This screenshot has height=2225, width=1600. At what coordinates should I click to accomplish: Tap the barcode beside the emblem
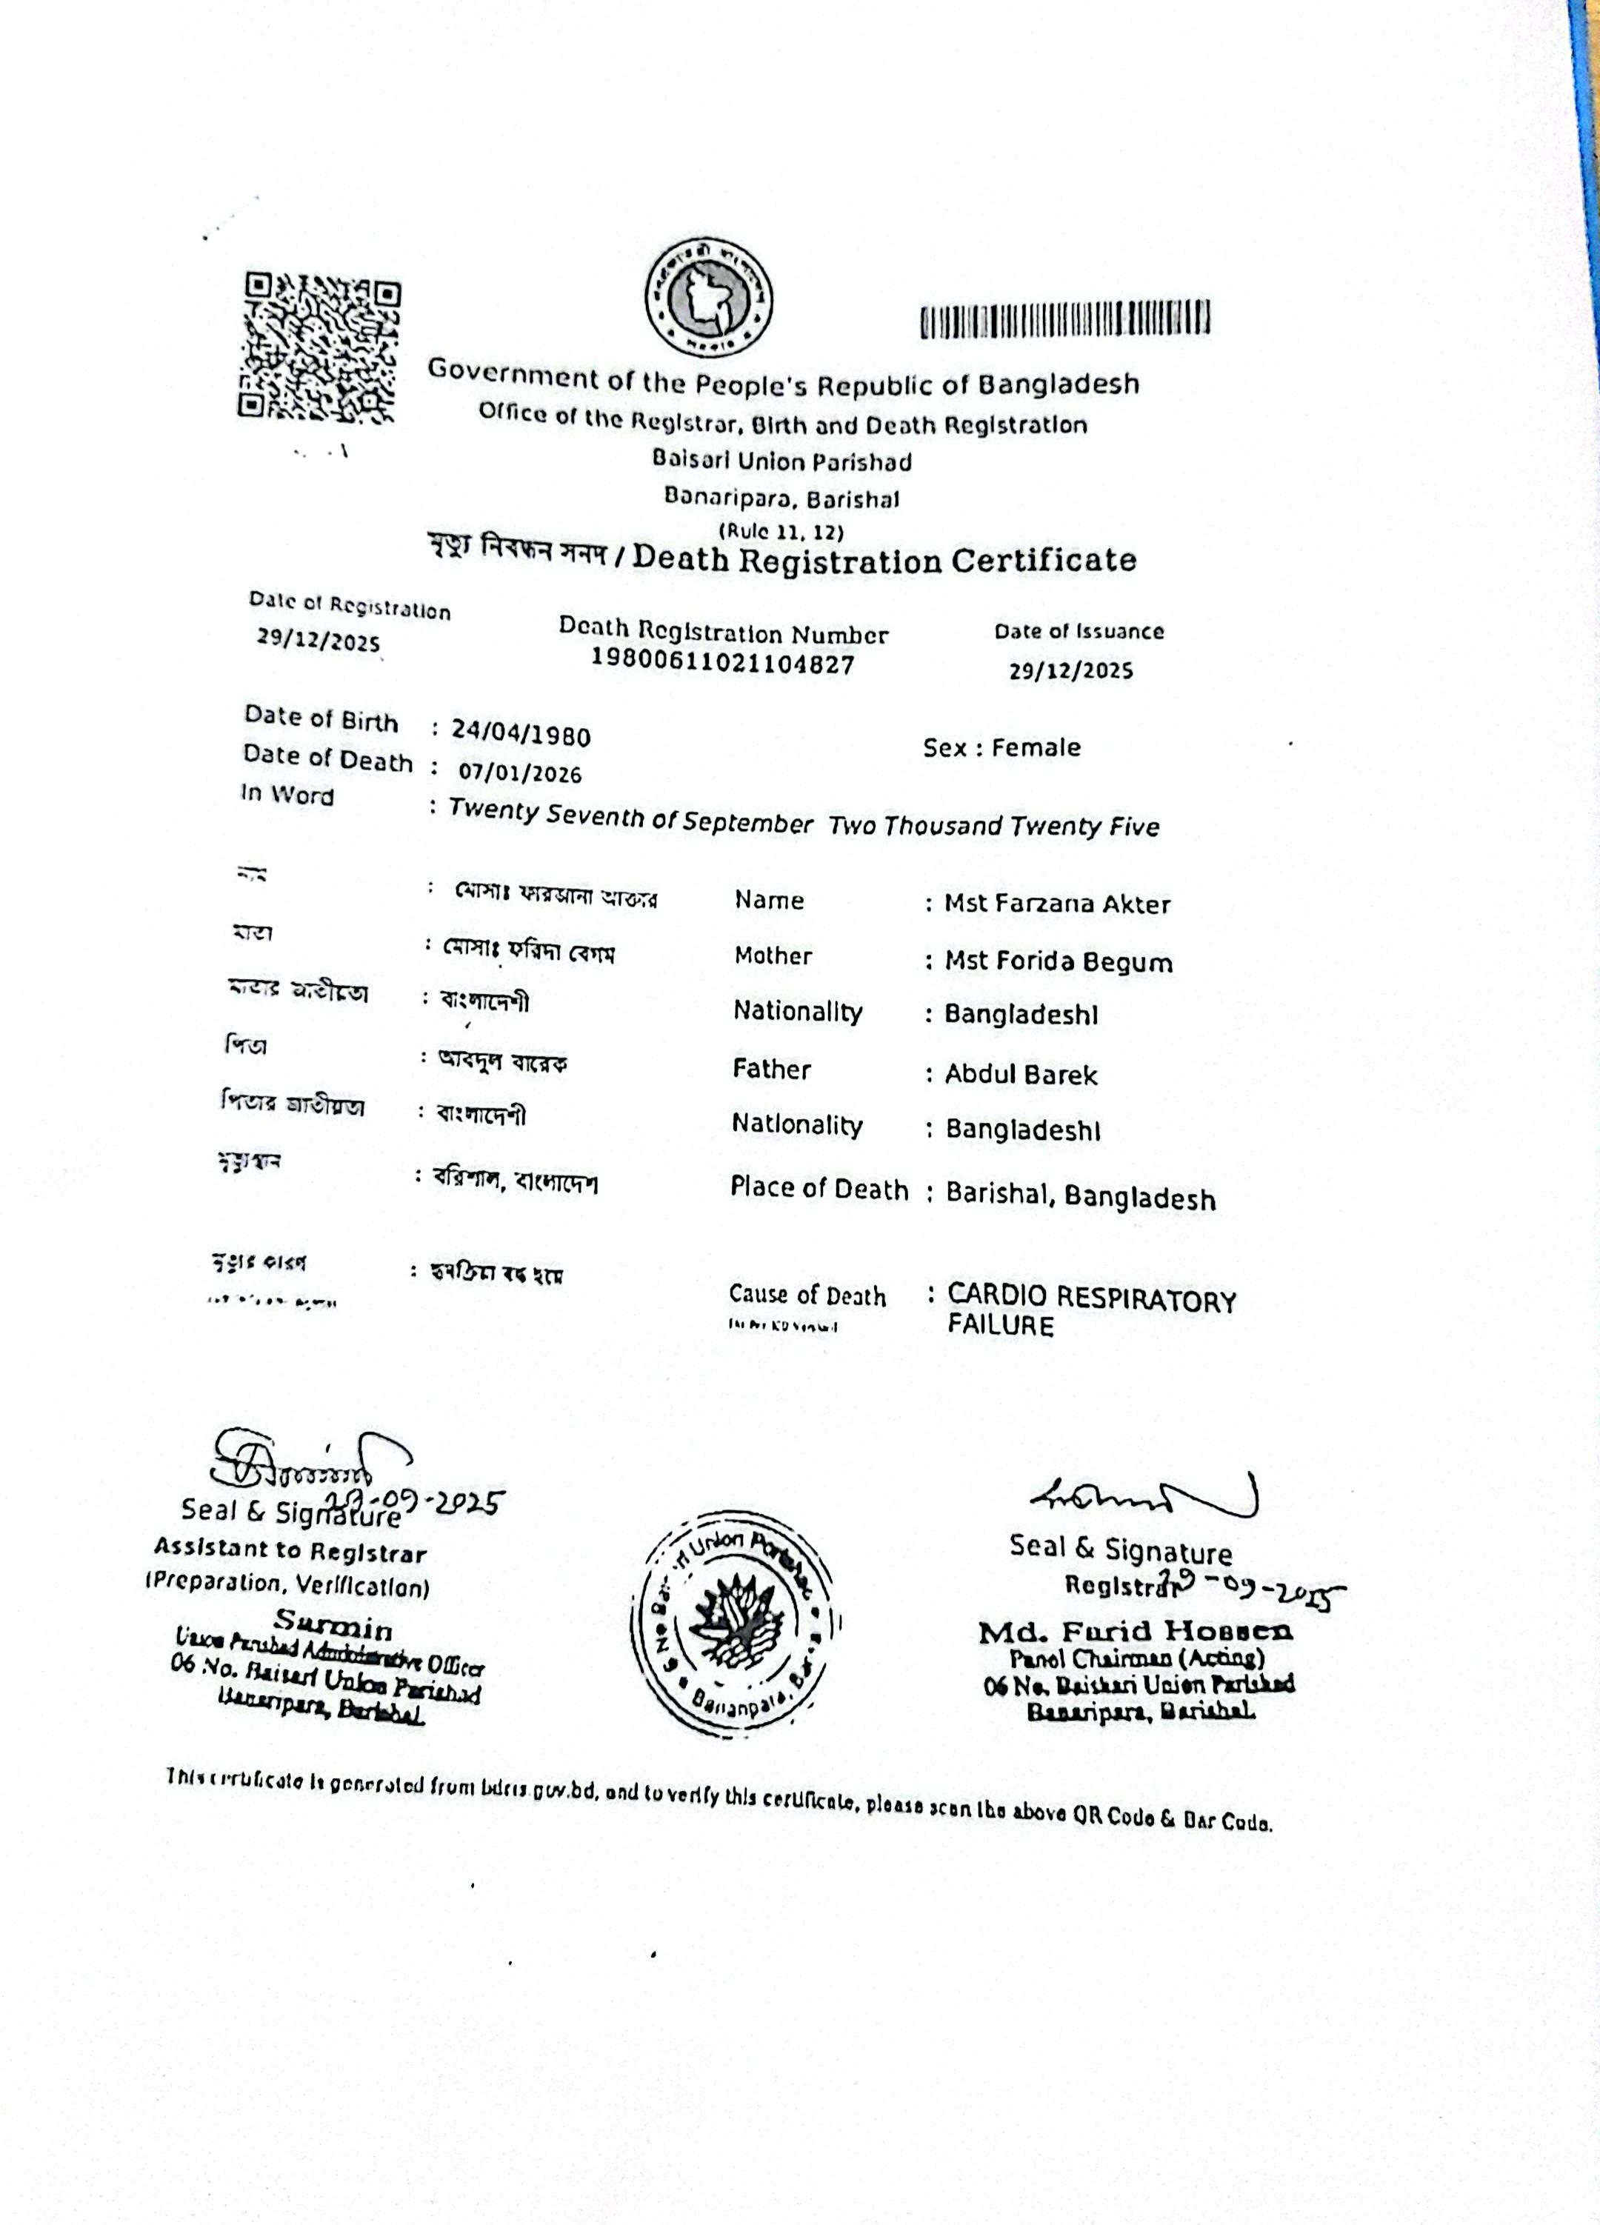(x=1064, y=320)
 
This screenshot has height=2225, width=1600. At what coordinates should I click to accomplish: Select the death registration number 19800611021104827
(x=722, y=664)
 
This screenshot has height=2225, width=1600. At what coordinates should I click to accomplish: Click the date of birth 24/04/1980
(x=520, y=734)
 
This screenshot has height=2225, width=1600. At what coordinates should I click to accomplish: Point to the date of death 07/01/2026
(x=520, y=773)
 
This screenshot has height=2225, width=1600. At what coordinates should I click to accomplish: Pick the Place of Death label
(x=819, y=1189)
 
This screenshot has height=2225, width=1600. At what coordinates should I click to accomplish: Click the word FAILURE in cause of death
(x=1000, y=1327)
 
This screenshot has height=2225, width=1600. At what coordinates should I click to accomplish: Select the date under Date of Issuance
(x=1070, y=671)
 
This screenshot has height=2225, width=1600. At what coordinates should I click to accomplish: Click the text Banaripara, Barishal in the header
(x=781, y=498)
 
